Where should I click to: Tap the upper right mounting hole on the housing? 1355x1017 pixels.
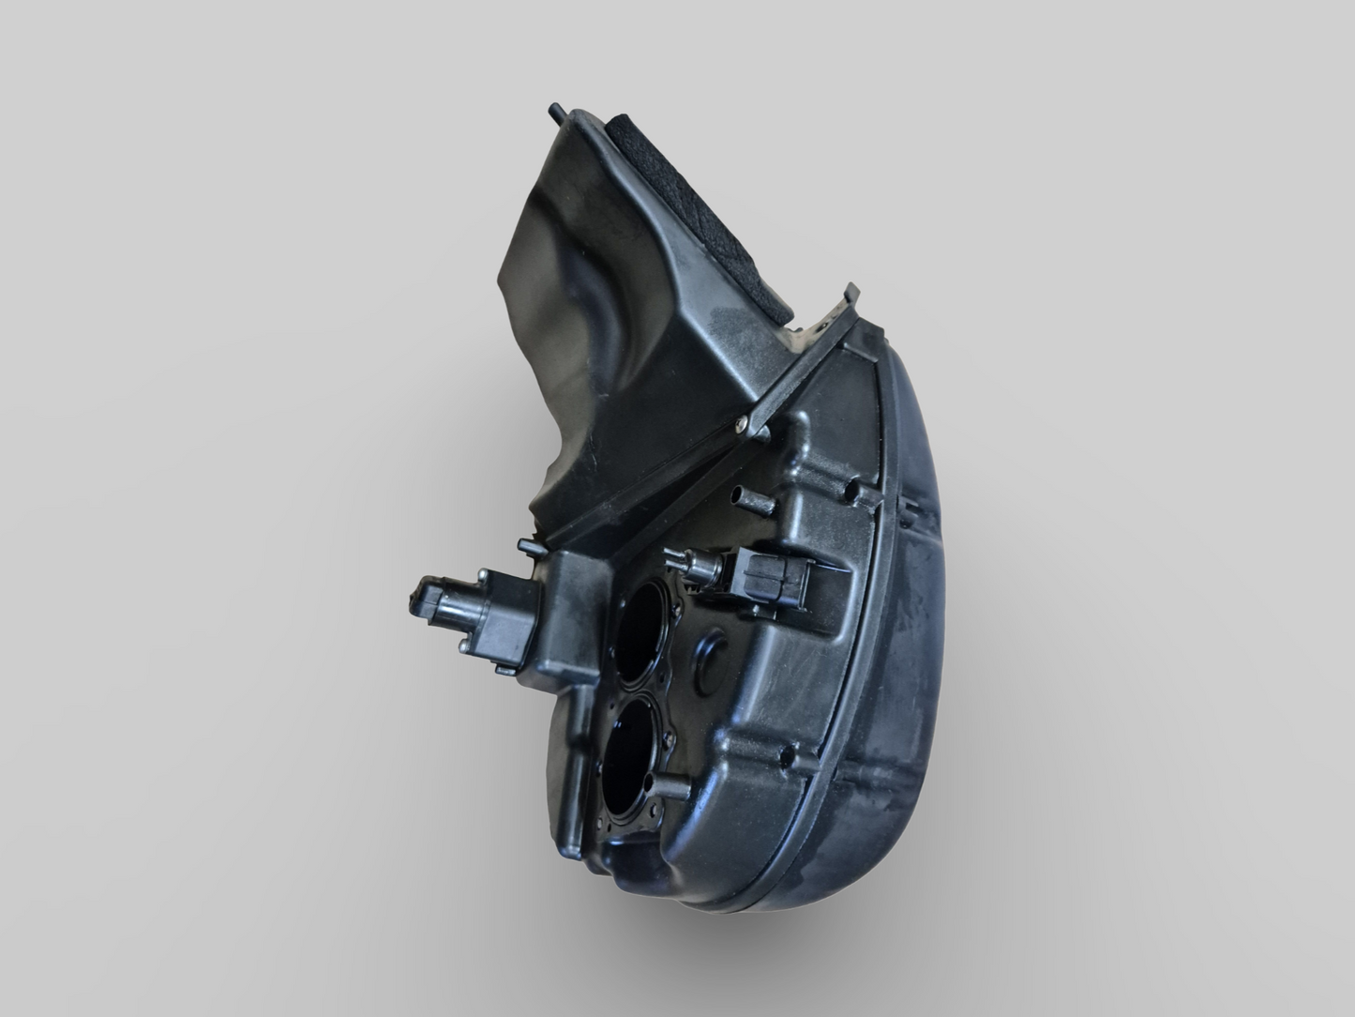click(852, 490)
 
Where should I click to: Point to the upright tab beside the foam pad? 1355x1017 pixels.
click(852, 296)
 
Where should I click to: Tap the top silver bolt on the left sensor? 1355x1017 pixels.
click(482, 574)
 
